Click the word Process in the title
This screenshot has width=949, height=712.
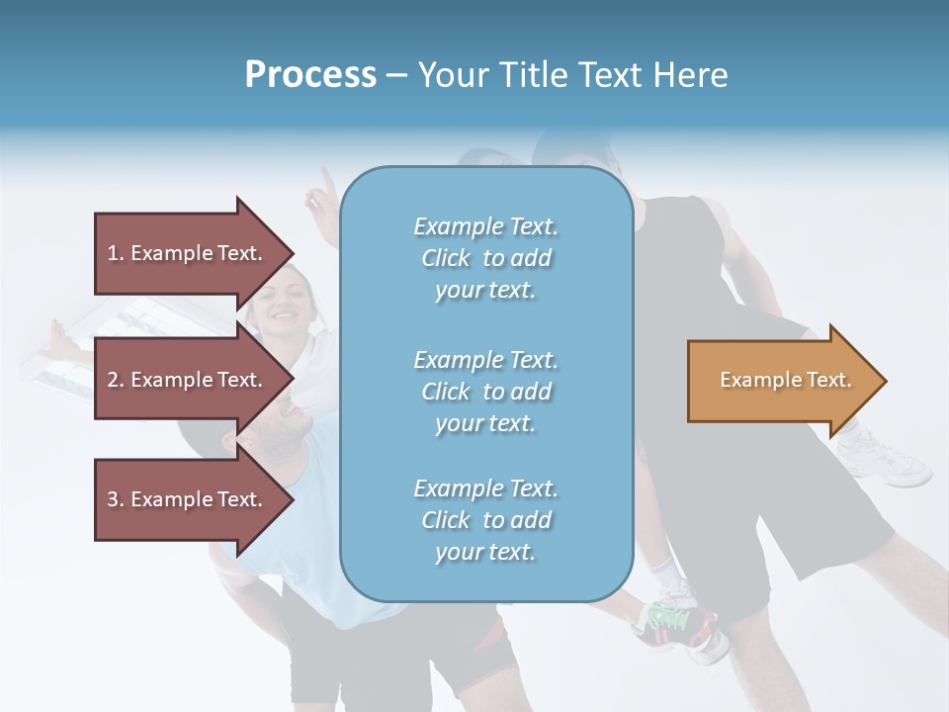point(310,75)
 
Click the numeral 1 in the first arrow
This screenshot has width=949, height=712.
point(113,253)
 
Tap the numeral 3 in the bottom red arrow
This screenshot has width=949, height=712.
point(113,499)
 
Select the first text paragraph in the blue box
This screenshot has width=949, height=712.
point(485,258)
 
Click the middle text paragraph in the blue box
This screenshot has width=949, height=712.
point(485,392)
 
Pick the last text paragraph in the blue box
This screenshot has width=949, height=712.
point(485,520)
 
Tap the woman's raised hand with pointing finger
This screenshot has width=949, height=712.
point(320,198)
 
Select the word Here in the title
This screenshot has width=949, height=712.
point(693,75)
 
